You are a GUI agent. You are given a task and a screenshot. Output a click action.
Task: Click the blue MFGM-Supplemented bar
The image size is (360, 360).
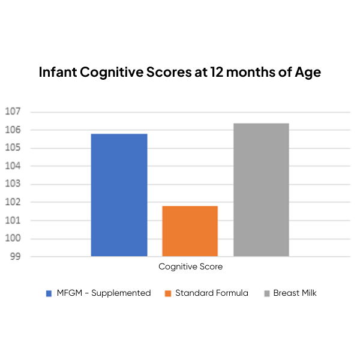tap(119, 195)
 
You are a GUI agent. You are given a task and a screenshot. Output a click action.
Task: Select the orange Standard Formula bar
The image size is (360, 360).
tap(190, 231)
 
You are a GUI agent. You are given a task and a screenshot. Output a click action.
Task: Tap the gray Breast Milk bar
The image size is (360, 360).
tap(261, 190)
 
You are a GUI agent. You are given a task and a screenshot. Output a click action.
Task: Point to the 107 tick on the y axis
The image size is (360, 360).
tap(13, 112)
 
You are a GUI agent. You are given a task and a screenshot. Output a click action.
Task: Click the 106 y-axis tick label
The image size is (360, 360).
tap(13, 130)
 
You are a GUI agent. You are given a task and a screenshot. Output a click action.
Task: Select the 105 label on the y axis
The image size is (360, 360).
tap(13, 148)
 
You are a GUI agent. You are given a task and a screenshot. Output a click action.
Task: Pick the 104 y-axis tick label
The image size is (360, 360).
tap(13, 166)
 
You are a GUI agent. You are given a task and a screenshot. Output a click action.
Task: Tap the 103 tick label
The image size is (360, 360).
tap(13, 184)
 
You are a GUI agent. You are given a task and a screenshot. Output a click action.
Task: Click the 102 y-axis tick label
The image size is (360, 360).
tap(13, 202)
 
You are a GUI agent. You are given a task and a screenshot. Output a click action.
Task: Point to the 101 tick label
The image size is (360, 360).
tap(13, 221)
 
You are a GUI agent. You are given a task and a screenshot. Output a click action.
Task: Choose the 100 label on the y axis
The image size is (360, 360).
tap(13, 239)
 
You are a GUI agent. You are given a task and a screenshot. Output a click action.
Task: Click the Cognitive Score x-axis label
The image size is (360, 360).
tap(190, 266)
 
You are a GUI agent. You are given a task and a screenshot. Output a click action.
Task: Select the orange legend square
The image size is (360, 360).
tap(168, 293)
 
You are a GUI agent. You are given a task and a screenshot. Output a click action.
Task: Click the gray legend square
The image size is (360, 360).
tap(266, 293)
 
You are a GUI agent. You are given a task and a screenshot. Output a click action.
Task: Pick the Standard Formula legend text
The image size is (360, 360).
tap(211, 293)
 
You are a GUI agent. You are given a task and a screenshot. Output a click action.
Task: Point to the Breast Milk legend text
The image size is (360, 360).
tap(295, 293)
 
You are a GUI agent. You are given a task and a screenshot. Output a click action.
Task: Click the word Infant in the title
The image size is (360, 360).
tap(58, 73)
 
